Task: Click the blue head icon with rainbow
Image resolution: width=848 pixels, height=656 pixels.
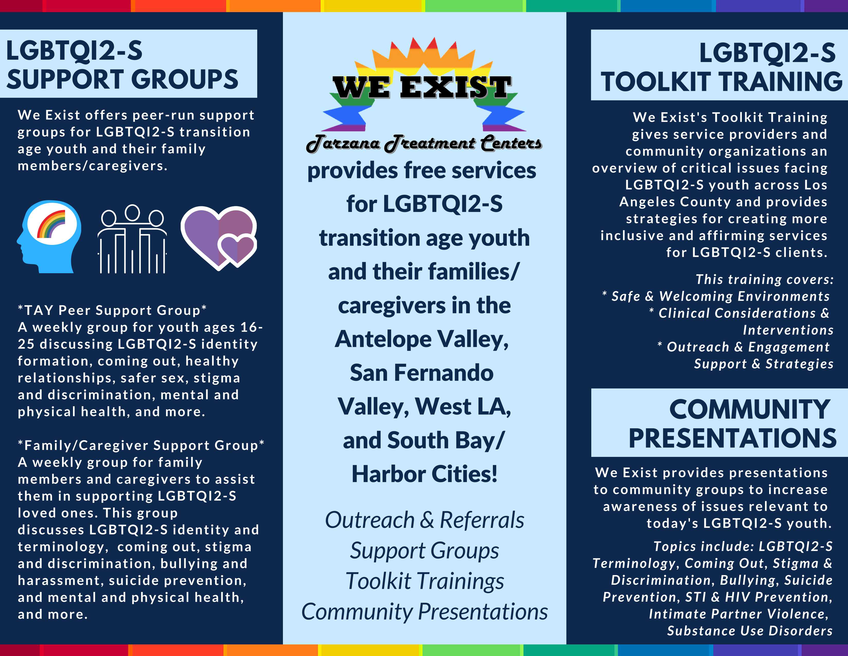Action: tap(49, 236)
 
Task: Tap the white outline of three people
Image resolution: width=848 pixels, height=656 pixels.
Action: tap(132, 239)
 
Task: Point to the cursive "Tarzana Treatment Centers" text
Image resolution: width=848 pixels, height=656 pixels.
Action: tap(424, 143)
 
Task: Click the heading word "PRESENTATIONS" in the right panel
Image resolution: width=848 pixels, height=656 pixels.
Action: tap(732, 438)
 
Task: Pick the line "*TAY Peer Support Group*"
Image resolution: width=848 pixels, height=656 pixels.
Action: tap(112, 310)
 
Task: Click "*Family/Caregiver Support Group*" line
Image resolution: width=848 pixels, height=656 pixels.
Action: tap(141, 445)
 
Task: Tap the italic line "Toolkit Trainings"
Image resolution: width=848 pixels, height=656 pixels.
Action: tap(425, 581)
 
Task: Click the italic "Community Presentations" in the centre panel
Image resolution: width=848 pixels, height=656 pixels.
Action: tap(425, 612)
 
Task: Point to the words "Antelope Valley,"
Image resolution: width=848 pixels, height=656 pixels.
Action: tap(422, 340)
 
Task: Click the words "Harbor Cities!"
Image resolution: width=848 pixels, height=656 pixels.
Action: tap(425, 474)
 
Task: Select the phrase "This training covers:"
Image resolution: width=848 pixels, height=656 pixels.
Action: tap(764, 279)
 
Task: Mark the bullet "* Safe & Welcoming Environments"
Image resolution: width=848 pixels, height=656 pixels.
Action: tap(716, 296)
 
